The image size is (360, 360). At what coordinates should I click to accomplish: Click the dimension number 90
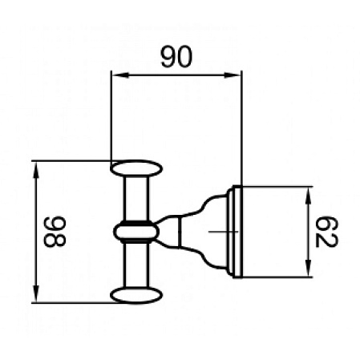pos(176,59)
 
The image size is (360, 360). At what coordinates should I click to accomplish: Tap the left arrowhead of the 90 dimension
pos(115,77)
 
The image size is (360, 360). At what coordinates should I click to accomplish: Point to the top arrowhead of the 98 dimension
pos(36,165)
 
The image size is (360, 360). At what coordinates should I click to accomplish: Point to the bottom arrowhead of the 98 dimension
pos(36,298)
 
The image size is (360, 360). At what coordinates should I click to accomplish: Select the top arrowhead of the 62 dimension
pos(307,192)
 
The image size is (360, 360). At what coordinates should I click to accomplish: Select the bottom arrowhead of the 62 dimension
pos(307,273)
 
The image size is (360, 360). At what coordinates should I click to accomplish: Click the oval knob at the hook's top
pos(136,169)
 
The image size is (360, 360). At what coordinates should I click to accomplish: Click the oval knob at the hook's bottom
pos(136,294)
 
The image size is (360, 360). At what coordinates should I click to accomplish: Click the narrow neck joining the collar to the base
pos(167,232)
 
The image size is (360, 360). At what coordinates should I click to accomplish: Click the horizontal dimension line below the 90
pos(176,77)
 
